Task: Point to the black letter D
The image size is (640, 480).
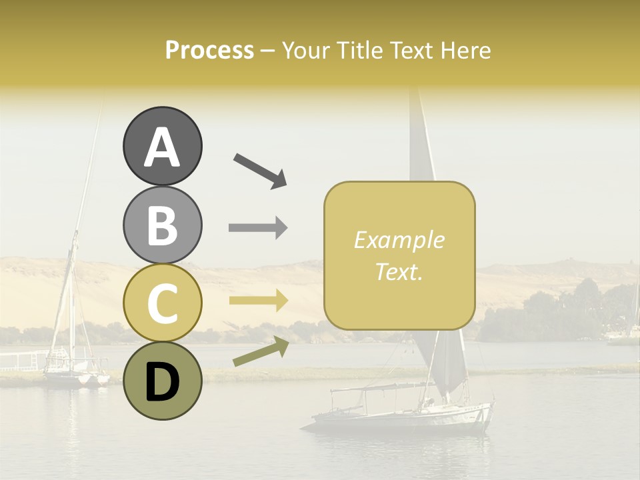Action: point(162,382)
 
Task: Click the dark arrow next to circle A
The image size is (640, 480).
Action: point(260,170)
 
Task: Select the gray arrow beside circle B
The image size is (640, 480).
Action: point(259,228)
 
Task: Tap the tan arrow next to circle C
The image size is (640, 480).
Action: point(259,301)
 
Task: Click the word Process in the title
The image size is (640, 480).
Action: point(209,50)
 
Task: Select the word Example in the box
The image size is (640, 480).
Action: point(399,240)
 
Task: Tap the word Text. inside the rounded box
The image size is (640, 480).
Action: point(399,271)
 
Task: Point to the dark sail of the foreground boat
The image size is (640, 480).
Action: point(445,363)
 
